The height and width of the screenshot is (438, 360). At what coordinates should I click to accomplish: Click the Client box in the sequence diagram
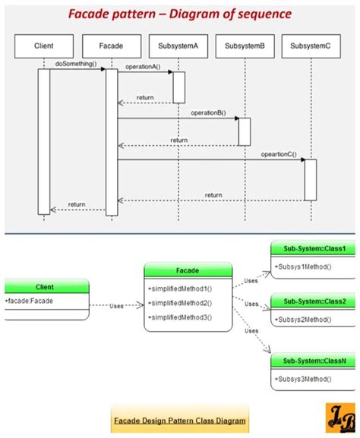(43, 46)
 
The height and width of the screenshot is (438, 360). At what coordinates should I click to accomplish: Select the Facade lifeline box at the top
(111, 46)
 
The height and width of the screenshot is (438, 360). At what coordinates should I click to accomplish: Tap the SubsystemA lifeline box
(178, 46)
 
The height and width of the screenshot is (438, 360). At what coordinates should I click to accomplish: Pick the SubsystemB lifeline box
(245, 46)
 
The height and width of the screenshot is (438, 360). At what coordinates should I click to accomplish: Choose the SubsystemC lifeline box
(310, 46)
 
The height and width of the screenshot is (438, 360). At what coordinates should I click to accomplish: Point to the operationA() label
(142, 67)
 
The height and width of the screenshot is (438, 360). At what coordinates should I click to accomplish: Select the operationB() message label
(207, 112)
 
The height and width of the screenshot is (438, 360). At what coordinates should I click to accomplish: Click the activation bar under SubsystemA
(178, 87)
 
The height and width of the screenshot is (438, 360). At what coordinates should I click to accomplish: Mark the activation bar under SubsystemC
(310, 180)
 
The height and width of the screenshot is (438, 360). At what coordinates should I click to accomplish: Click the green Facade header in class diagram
(188, 270)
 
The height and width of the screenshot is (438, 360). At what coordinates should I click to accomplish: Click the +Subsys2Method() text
(303, 319)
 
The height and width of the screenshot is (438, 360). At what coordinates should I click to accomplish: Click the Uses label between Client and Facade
(115, 307)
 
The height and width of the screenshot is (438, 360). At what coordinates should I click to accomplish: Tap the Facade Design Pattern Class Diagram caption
(180, 420)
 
